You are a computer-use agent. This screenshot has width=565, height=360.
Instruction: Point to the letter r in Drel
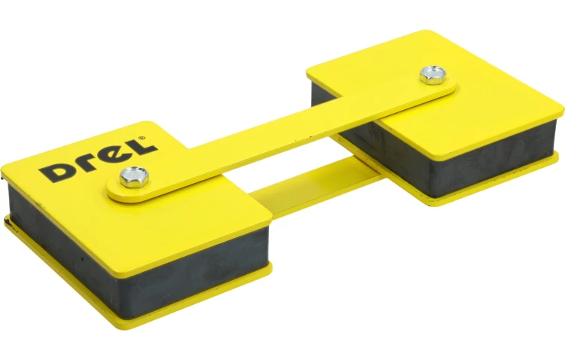click(x=88, y=163)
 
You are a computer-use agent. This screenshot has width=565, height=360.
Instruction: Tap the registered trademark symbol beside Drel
click(x=142, y=138)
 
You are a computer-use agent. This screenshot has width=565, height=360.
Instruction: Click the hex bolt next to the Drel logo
click(x=134, y=177)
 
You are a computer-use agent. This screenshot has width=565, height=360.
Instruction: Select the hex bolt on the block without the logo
click(x=432, y=75)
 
